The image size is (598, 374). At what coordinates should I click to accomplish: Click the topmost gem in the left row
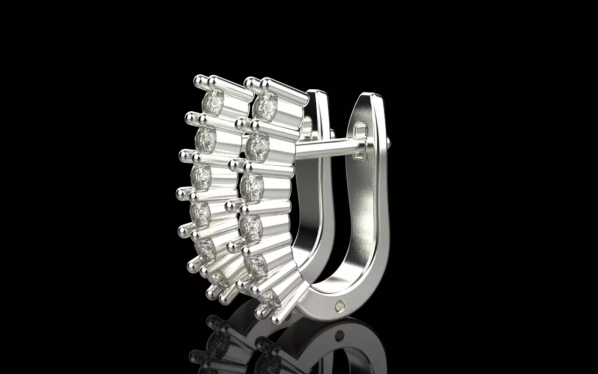click(214, 100)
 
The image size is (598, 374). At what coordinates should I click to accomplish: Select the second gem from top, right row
click(256, 147)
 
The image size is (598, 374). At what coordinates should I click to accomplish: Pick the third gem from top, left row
click(201, 177)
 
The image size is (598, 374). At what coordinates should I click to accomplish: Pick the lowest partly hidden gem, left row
click(218, 279)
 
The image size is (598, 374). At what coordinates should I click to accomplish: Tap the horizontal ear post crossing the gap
click(327, 147)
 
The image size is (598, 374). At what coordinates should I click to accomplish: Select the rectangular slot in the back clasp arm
click(361, 127)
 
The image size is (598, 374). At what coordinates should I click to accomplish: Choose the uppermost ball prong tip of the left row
click(199, 80)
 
